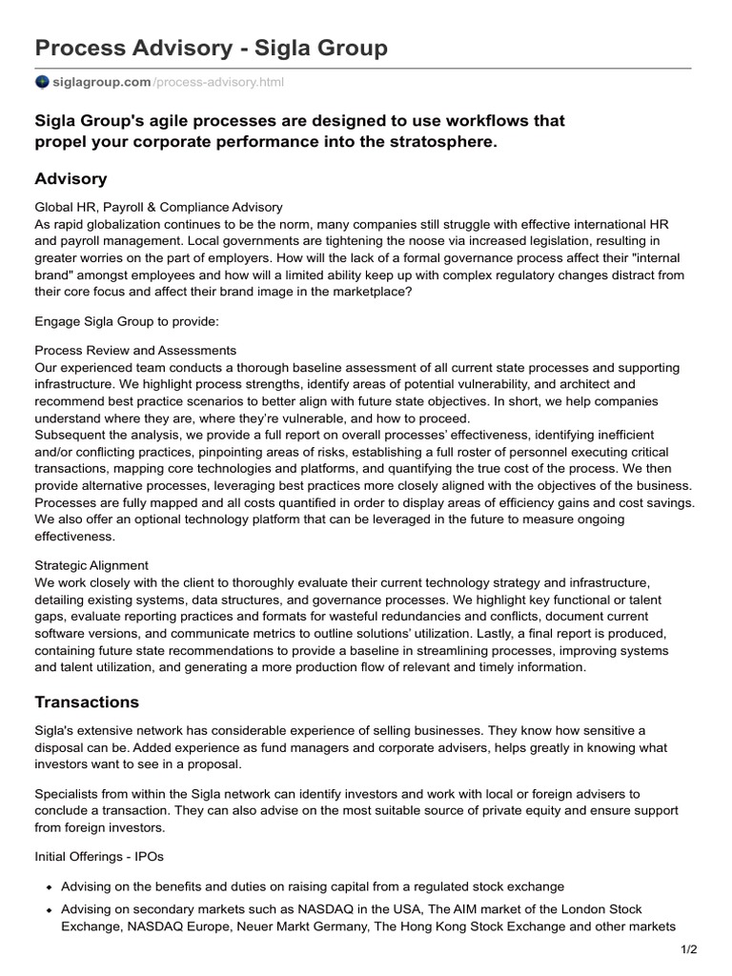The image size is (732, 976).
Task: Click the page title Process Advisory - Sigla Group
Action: [211, 47]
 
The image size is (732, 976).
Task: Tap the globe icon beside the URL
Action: [42, 82]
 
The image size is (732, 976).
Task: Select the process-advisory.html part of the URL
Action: [218, 82]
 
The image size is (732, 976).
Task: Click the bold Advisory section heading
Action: [71, 179]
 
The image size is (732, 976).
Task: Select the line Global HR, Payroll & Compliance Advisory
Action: [158, 207]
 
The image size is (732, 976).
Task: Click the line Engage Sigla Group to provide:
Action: [127, 322]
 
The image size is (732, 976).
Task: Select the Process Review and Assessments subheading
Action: [135, 350]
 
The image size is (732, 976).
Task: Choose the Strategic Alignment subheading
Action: [91, 565]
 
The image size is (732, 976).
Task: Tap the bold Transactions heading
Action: [87, 702]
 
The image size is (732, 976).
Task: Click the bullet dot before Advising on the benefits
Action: [47, 887]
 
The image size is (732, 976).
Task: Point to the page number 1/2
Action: [689, 949]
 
